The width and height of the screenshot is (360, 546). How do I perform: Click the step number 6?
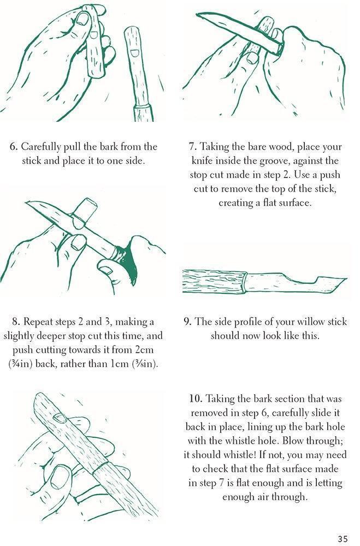14,147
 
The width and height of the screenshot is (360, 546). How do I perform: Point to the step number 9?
187,322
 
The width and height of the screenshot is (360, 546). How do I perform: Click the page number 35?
342,538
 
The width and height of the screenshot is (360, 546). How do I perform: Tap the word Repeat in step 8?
37,322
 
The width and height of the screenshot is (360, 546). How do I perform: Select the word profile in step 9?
242,322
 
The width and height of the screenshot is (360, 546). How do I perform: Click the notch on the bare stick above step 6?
133,52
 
